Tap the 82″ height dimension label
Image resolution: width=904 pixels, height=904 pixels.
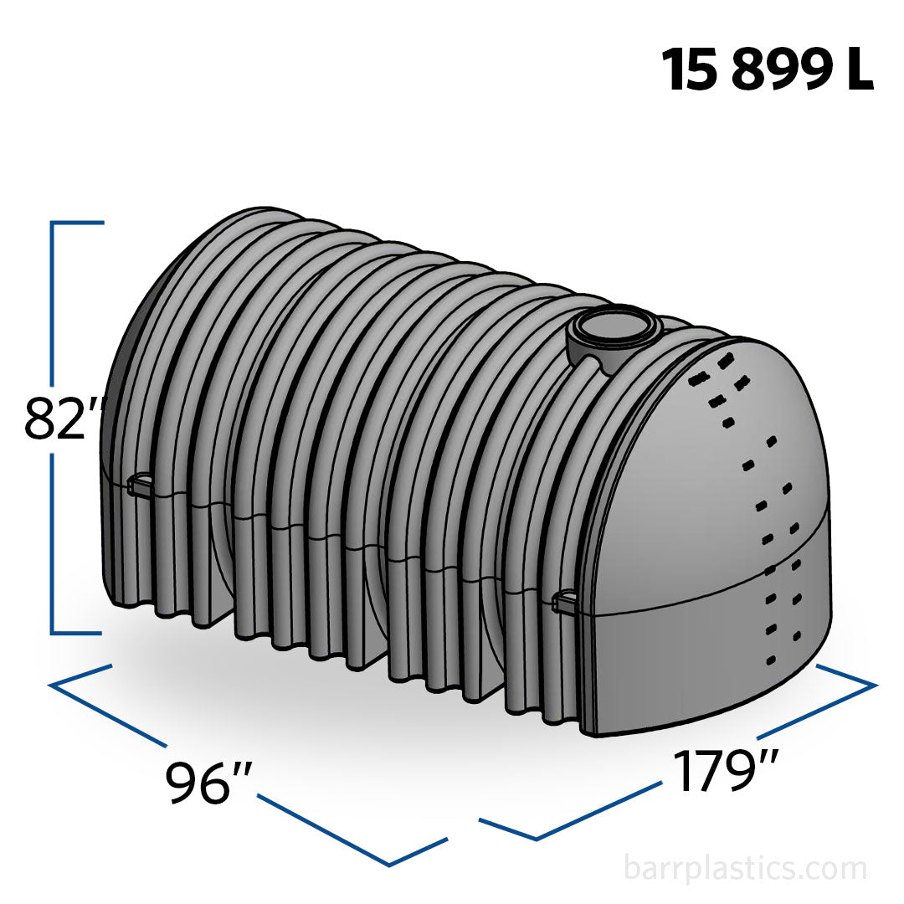point(64,419)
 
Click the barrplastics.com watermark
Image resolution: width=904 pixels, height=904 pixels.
point(745,868)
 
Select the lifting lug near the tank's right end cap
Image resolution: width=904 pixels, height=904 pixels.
point(568,600)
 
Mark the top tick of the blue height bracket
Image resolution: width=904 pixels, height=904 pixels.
point(78,223)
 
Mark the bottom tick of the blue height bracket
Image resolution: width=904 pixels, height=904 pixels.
point(78,633)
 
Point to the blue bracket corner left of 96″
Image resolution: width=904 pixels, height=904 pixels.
point(52,685)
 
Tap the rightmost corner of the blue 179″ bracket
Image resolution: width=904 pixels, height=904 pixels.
point(875,685)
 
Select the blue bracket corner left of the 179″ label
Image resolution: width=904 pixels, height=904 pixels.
point(537,837)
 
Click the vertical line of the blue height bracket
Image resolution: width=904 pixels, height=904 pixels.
point(53,318)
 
